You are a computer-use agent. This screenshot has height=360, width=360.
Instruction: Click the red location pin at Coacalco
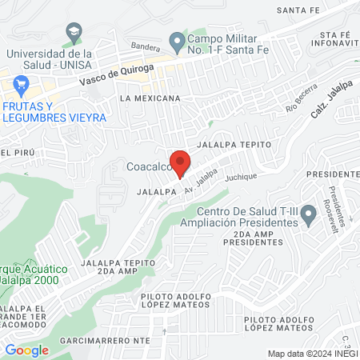coord(181,161)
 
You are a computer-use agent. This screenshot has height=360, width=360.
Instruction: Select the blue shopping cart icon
coord(22,84)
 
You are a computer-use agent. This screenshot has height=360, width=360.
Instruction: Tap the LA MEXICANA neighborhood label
coord(150,98)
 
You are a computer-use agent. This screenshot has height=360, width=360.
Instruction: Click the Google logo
coord(27,350)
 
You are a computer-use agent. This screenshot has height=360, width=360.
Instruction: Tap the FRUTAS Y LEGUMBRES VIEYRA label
coord(54,111)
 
